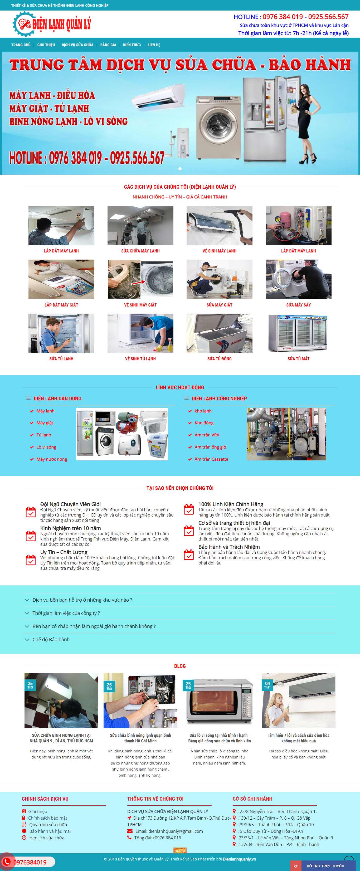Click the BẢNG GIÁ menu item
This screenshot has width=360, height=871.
(108, 45)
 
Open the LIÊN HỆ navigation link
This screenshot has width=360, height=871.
(154, 45)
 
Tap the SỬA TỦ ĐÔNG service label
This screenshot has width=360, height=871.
(219, 359)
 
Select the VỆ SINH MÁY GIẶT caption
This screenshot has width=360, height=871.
(140, 305)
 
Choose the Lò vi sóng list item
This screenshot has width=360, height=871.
(46, 447)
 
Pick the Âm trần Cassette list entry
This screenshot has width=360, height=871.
(211, 459)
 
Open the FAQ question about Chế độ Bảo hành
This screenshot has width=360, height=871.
(51, 639)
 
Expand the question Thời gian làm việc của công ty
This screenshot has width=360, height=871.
(66, 613)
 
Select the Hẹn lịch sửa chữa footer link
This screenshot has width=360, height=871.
(47, 838)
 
